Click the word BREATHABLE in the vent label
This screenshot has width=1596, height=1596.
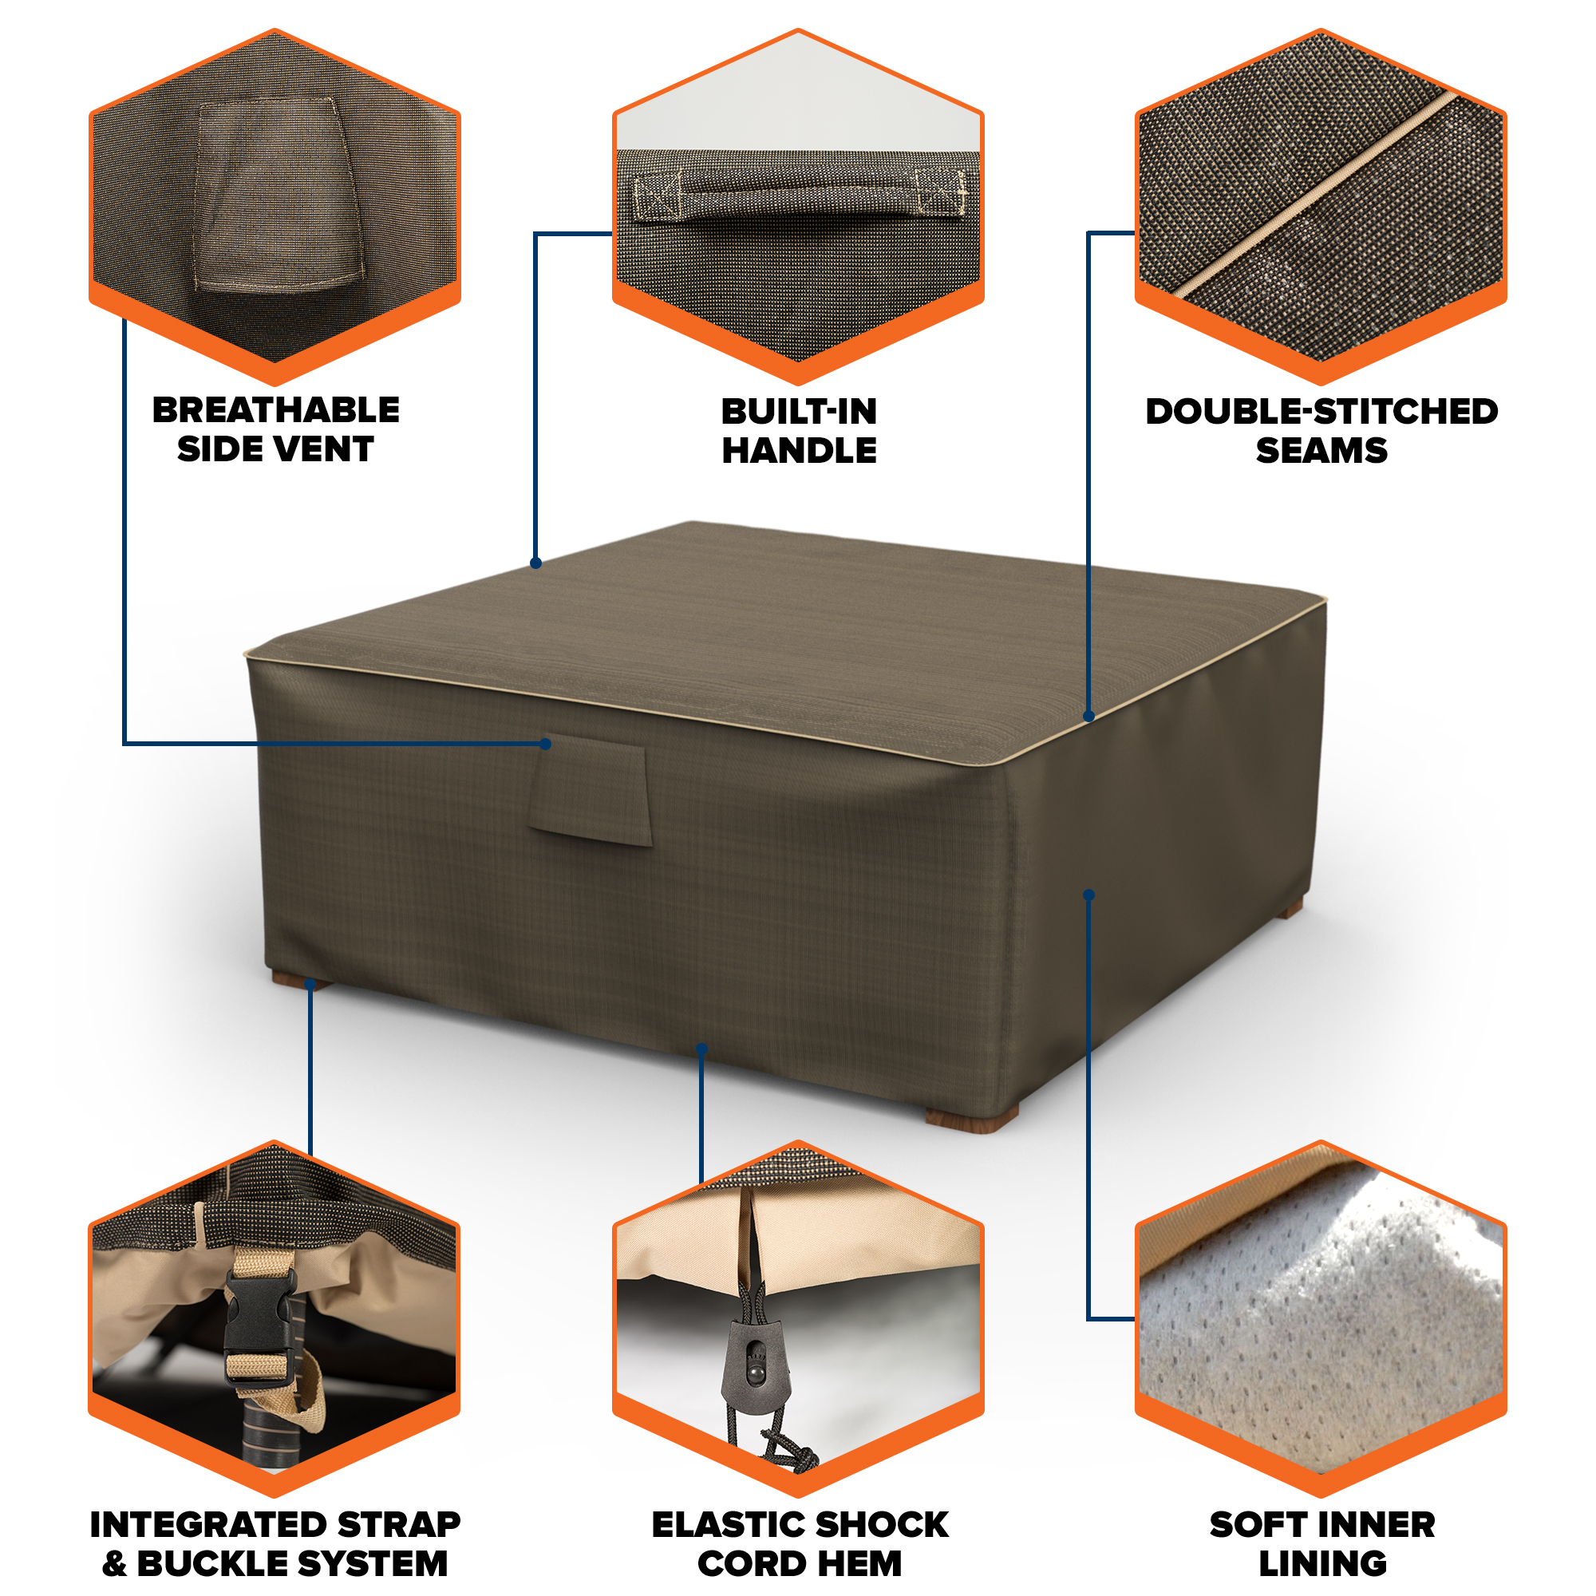(276, 410)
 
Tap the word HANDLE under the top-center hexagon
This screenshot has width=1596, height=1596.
(799, 450)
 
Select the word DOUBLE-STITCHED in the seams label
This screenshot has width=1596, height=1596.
(1321, 412)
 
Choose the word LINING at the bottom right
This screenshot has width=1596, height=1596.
(1321, 1564)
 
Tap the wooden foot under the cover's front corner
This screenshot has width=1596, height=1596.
(971, 1119)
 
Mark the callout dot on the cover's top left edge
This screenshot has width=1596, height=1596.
(535, 563)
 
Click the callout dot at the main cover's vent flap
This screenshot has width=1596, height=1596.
(545, 744)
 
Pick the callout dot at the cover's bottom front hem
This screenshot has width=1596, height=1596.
(701, 1049)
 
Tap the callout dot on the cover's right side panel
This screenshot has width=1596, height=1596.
(1088, 895)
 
